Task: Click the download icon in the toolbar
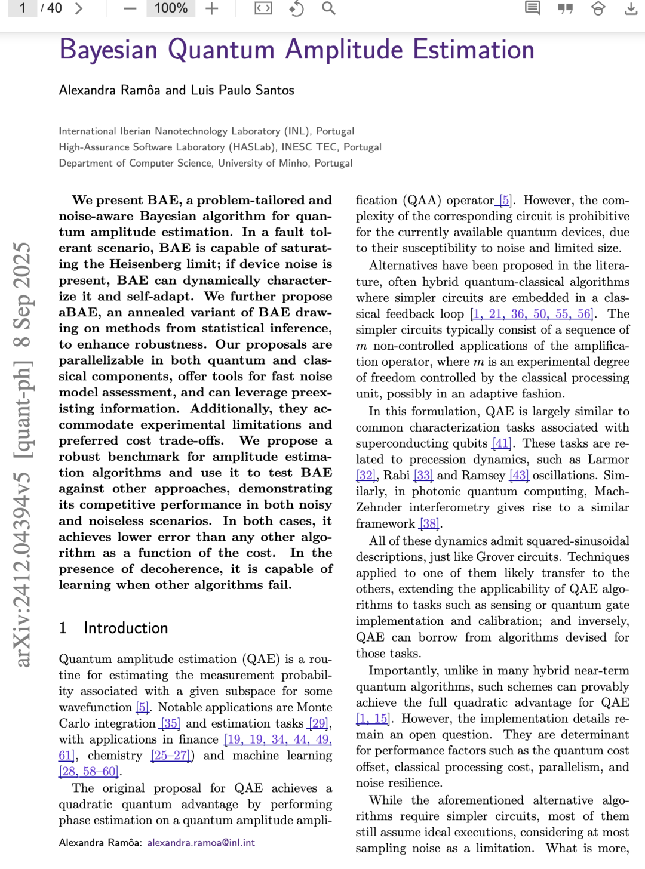(631, 8)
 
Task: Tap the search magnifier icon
(328, 8)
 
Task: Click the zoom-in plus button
(212, 8)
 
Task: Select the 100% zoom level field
(171, 8)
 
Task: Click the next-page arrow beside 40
(79, 8)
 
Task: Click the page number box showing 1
(23, 8)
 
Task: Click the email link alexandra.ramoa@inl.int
(201, 842)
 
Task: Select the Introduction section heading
(125, 628)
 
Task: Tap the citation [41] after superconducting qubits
(502, 443)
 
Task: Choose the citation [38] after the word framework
(429, 523)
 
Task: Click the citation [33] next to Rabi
(423, 476)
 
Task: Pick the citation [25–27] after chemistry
(172, 756)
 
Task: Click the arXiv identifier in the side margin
(22, 454)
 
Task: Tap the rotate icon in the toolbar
(296, 8)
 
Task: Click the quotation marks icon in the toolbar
(565, 8)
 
